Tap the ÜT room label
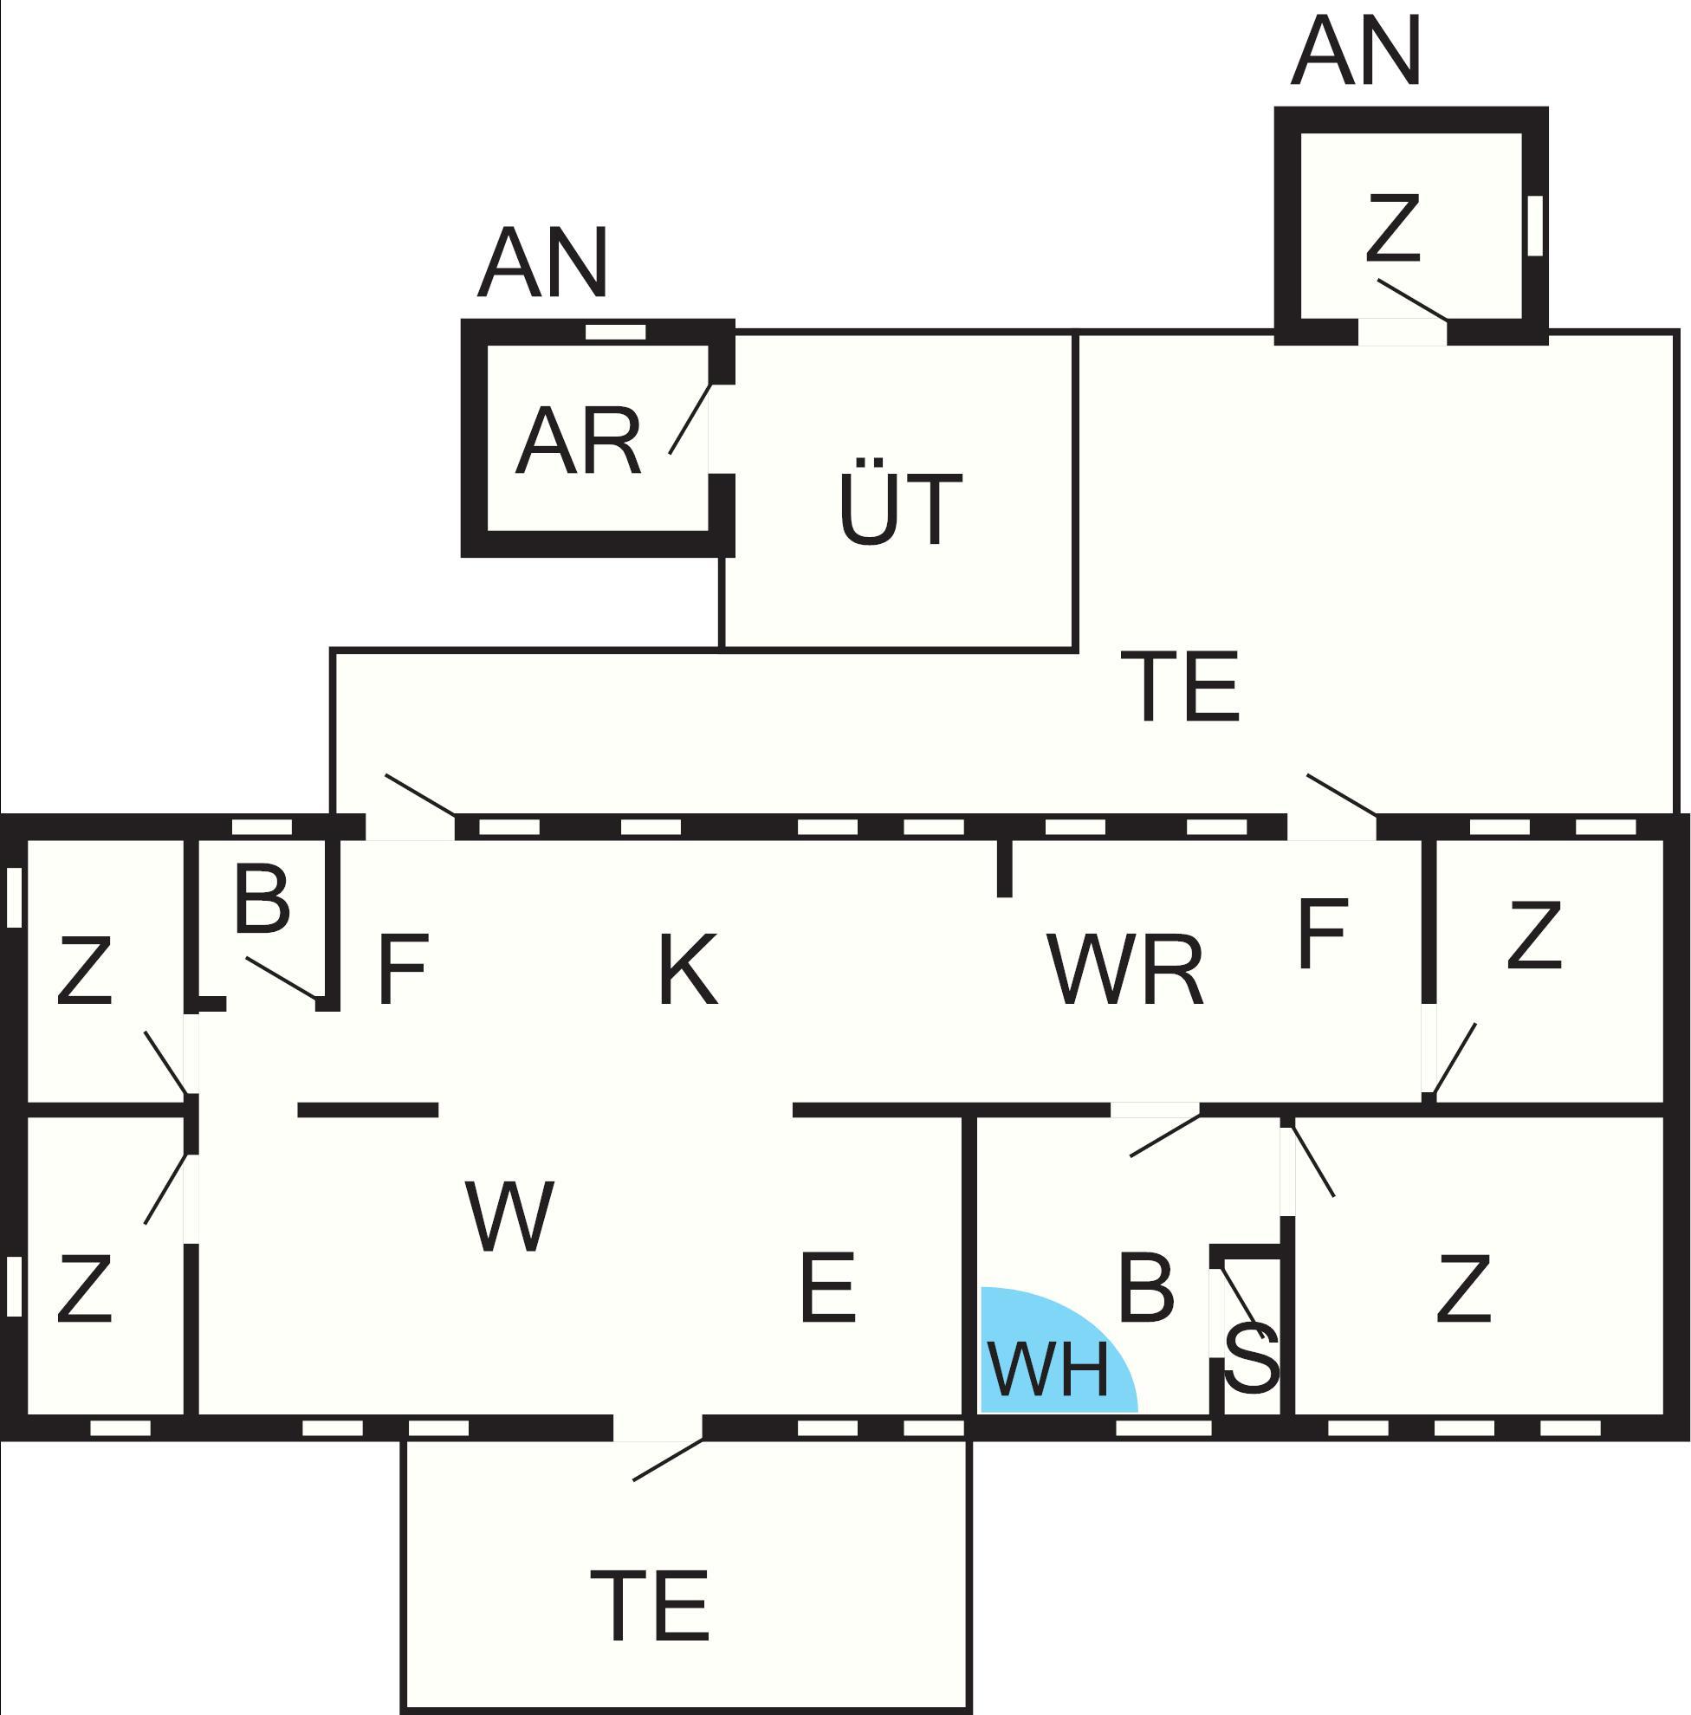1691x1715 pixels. tap(900, 502)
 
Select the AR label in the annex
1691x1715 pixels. tap(578, 442)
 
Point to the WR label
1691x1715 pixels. tap(1125, 969)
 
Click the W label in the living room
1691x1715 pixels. tap(509, 1216)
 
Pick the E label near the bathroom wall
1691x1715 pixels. tap(827, 1287)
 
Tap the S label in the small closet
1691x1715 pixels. tap(1253, 1356)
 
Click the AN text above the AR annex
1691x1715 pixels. tap(543, 262)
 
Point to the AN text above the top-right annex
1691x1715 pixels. tap(1357, 50)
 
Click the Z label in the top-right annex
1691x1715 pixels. tap(1393, 228)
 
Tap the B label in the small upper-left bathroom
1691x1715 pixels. tap(262, 899)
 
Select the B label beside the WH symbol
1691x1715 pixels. tap(1146, 1286)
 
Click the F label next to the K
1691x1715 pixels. tap(403, 968)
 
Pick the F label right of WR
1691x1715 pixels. tap(1323, 933)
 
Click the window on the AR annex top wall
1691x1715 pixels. tap(615, 332)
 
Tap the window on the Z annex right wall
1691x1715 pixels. tap(1536, 225)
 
